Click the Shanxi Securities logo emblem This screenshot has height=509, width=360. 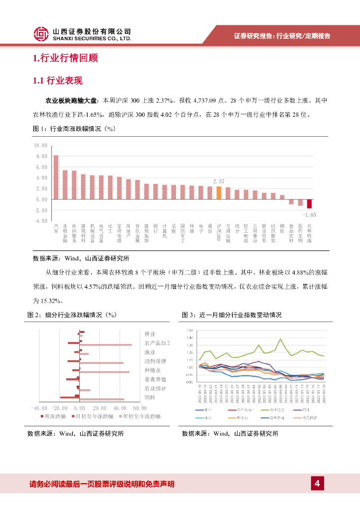41,34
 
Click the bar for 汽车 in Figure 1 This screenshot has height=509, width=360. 56,177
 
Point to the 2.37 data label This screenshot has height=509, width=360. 219,182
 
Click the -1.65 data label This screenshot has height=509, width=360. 309,215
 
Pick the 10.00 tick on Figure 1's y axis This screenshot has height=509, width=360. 40,146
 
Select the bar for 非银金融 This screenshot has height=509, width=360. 65,184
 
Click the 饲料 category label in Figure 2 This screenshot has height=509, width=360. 150,398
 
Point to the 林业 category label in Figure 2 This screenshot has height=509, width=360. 150,334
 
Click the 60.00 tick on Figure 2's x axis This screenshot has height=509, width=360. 133,408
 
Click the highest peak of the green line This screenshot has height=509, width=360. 281,339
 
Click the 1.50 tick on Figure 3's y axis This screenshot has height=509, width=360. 189,331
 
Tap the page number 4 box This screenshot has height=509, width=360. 316,483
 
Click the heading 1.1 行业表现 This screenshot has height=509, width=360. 57,81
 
